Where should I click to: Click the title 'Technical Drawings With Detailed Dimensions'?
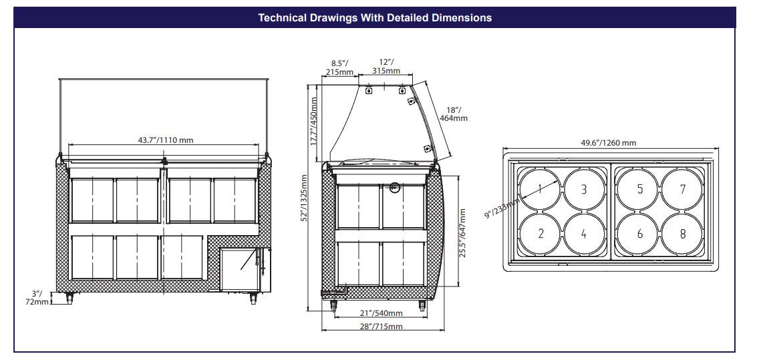pos(375,18)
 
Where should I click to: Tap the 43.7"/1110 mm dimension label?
pos(165,140)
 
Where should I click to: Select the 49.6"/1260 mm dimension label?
pos(608,143)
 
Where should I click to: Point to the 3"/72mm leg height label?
pos(37,298)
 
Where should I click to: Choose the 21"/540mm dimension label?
pos(382,313)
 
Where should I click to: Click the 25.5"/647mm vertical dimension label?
pos(462,233)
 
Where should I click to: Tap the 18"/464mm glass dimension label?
pos(453,114)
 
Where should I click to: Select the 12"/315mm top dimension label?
pos(386,67)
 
